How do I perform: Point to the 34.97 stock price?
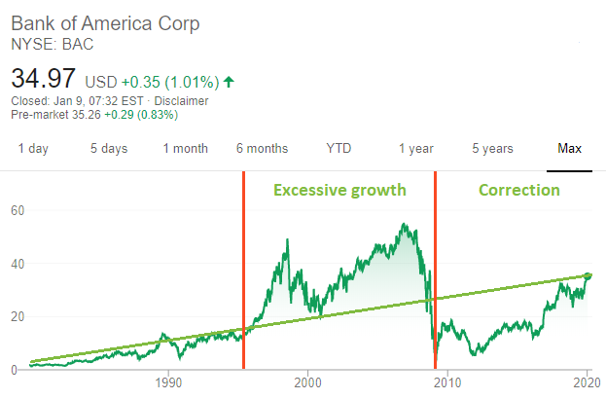[45, 78]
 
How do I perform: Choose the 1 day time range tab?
[33, 149]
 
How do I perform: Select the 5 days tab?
[109, 149]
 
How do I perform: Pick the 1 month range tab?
[185, 149]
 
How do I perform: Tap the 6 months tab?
[262, 149]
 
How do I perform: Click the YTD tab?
[339, 149]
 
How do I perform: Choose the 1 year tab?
[415, 149]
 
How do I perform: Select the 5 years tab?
[492, 149]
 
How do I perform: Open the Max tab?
[569, 149]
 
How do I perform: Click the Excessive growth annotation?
[339, 190]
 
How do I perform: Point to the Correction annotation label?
[518, 190]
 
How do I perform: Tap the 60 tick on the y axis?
[17, 210]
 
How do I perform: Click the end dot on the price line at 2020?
[587, 276]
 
